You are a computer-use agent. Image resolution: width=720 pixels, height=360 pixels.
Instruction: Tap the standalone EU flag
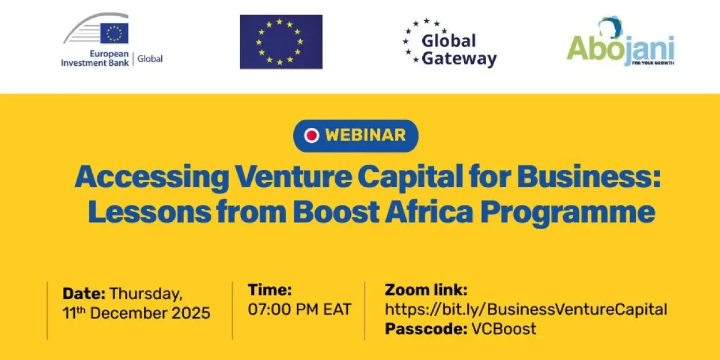[x=281, y=41]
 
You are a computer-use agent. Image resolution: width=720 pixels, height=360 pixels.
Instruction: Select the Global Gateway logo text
[x=458, y=50]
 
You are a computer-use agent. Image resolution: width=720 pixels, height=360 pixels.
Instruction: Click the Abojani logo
[x=620, y=44]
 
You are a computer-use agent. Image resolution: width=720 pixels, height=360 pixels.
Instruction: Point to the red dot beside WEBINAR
[x=312, y=135]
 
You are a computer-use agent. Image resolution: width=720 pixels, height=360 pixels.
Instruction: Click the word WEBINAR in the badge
[x=365, y=135]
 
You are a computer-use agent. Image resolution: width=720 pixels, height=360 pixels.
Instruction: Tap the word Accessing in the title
[x=151, y=179]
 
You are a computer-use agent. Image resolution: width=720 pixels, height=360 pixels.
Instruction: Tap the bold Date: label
[x=84, y=294]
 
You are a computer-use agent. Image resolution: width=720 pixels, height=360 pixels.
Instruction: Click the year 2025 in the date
[x=191, y=313]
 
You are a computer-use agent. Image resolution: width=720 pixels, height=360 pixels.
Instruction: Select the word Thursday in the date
[x=146, y=294]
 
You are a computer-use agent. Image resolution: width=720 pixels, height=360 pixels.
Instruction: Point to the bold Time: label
[x=270, y=290]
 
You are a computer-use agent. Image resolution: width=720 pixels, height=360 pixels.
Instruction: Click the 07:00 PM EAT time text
[x=299, y=309]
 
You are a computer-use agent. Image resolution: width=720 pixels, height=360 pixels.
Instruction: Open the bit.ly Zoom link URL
[x=525, y=309]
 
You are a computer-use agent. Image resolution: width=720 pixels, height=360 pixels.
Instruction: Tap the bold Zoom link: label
[x=426, y=290]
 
